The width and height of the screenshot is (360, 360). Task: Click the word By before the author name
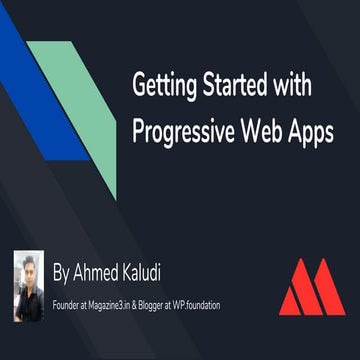[x=61, y=270]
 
